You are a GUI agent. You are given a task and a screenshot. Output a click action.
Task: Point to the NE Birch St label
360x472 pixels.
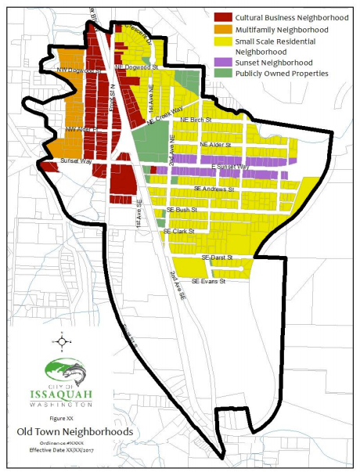pos(196,120)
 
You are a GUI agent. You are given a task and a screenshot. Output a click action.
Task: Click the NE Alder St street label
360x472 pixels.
pos(214,145)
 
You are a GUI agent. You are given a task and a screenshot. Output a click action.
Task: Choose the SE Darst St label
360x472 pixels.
pos(217,258)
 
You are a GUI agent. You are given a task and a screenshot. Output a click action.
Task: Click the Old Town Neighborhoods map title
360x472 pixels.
pos(67,431)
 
